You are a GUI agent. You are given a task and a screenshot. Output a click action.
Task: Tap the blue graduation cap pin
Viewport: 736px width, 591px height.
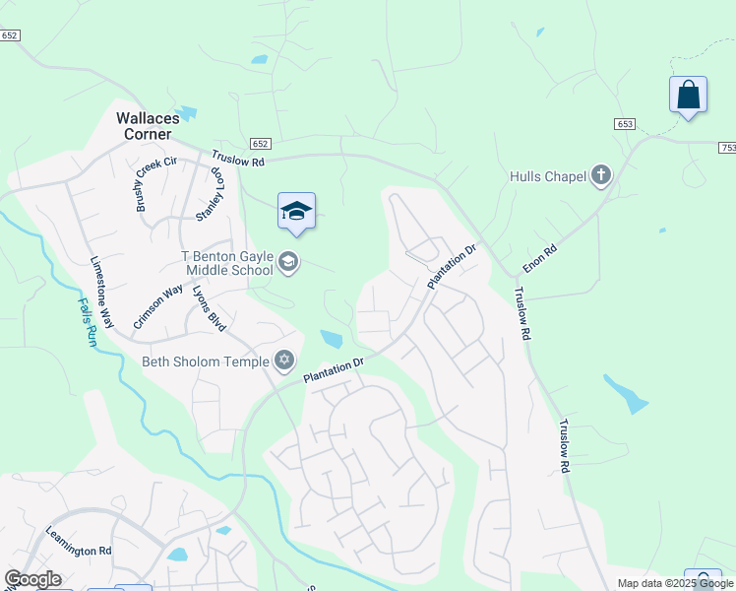click(x=296, y=211)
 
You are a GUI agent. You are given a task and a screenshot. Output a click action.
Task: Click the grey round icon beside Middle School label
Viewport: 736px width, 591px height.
click(x=288, y=261)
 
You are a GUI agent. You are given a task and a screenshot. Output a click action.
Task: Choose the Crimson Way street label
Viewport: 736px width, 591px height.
click(x=157, y=305)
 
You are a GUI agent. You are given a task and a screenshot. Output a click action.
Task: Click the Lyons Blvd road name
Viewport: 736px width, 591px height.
click(x=209, y=308)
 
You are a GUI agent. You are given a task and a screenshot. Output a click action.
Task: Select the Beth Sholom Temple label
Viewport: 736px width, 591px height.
click(x=206, y=361)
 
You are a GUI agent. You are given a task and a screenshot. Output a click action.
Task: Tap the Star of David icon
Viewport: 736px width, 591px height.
click(x=285, y=361)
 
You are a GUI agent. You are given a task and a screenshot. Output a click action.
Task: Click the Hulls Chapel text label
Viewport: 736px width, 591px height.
click(x=548, y=177)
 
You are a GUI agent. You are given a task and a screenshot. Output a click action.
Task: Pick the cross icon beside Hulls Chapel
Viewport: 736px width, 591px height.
click(x=601, y=176)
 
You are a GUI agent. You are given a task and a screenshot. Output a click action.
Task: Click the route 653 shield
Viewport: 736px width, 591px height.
click(x=626, y=124)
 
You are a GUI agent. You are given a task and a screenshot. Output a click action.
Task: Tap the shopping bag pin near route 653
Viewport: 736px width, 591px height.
click(x=688, y=96)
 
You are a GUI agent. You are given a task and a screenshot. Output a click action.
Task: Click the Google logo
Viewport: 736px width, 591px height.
click(x=31, y=579)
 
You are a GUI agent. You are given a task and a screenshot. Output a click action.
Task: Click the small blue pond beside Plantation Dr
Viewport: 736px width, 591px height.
click(x=332, y=340)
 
